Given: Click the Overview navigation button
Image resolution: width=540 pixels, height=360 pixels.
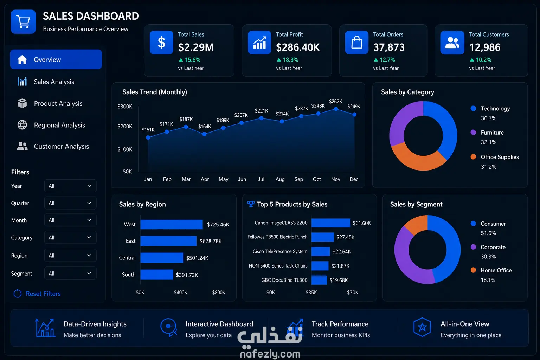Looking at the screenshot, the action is [x=56, y=59].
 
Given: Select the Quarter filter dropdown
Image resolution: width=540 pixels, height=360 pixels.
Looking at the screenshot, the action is [x=70, y=203].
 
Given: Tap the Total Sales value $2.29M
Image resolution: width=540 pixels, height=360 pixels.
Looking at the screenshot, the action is [x=196, y=47].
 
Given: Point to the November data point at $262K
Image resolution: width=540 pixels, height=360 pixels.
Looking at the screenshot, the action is [x=336, y=109].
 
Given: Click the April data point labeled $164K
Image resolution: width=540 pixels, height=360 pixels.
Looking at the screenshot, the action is [x=204, y=134].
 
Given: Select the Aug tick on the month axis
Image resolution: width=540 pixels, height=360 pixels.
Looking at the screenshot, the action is [x=280, y=179].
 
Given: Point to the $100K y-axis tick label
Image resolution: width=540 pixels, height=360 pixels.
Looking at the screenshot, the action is [x=125, y=149].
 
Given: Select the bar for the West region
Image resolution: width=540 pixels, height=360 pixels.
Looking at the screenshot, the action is [x=172, y=224].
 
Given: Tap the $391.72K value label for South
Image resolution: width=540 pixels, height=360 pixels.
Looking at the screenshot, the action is [x=187, y=275].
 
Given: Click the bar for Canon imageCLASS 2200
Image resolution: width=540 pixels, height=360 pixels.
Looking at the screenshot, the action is [x=330, y=223].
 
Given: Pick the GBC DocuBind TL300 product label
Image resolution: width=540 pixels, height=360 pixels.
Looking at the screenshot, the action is [x=284, y=280].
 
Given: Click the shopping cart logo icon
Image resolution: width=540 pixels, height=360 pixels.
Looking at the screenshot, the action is [x=24, y=22].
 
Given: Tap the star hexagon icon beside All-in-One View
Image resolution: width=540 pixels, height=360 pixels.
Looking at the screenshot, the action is [x=422, y=327].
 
